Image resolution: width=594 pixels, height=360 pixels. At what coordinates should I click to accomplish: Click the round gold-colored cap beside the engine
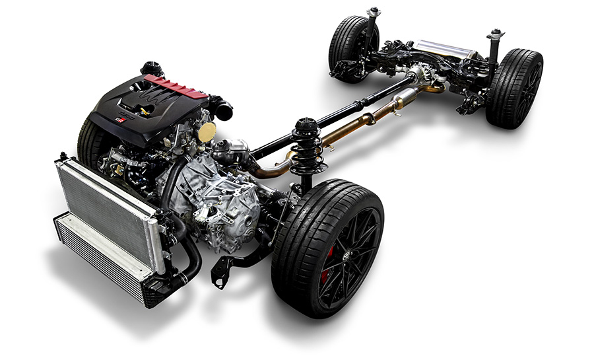(207, 131)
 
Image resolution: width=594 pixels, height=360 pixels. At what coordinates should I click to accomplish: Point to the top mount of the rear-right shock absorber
(496, 34)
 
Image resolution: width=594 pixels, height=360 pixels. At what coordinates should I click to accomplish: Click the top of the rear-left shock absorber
(374, 12)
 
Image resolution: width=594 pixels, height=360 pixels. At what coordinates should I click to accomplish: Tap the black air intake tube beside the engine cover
(221, 107)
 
